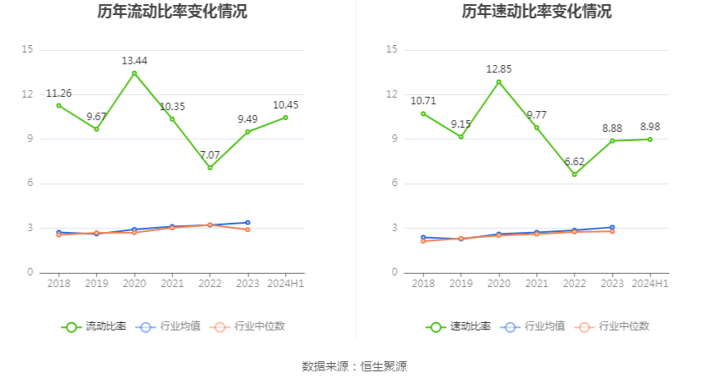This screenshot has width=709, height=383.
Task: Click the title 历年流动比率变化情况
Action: (172, 12)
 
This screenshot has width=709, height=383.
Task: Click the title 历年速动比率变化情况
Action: (536, 12)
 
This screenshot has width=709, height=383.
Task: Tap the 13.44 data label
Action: (134, 60)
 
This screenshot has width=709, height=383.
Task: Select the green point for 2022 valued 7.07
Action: (210, 168)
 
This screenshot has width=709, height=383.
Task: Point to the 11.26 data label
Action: (58, 93)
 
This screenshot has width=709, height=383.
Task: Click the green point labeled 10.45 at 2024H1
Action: (285, 118)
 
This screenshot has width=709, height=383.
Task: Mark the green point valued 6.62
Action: (575, 174)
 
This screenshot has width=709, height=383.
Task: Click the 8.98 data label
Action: (651, 127)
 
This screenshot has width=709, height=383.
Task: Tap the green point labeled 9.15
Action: (461, 137)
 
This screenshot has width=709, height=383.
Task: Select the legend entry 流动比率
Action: (95, 326)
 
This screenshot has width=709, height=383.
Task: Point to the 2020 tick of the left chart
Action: (134, 284)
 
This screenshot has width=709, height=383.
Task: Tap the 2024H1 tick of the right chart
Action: (651, 284)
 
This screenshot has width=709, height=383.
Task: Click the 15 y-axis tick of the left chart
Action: (28, 50)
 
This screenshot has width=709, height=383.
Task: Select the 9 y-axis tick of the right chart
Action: (392, 139)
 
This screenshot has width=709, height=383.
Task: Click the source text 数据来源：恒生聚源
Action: (354, 366)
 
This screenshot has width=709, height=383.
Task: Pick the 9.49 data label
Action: (248, 118)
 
